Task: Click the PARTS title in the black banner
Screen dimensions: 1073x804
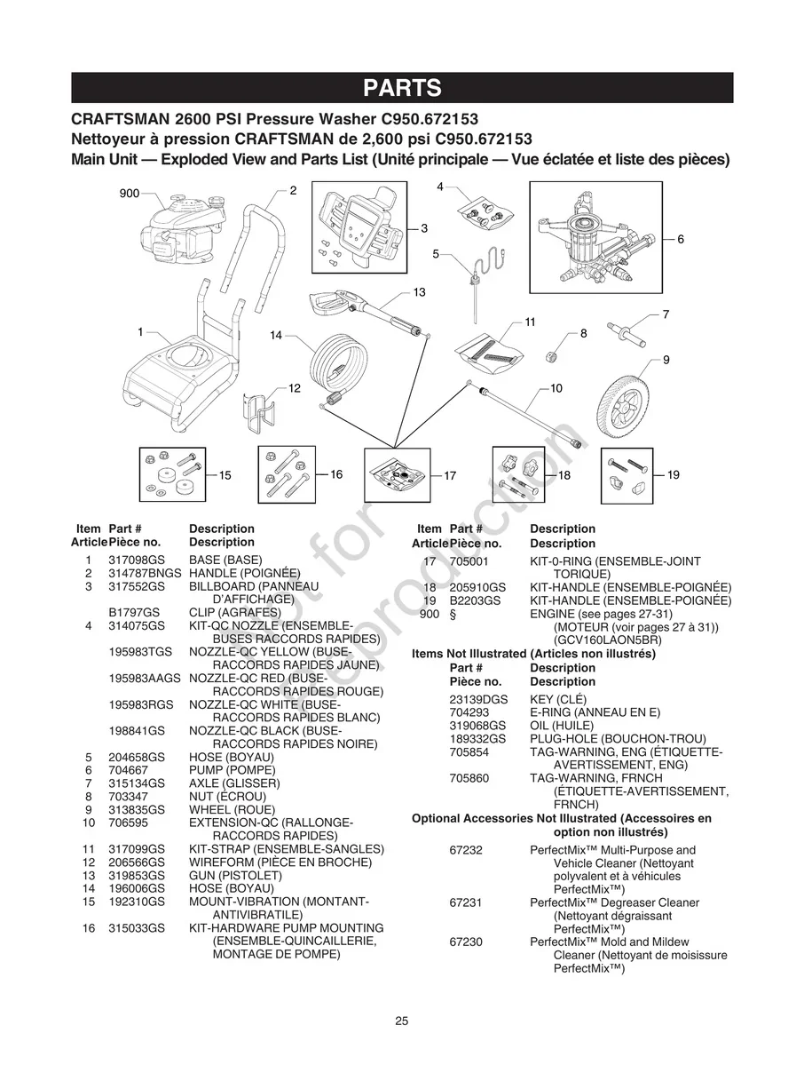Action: (402, 88)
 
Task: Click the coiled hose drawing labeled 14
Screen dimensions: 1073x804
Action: (340, 363)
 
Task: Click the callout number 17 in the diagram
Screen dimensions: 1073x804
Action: (450, 476)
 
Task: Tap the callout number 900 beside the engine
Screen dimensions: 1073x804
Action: (130, 194)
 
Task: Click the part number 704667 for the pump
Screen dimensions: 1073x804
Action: (125, 770)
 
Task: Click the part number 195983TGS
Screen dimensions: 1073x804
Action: (140, 652)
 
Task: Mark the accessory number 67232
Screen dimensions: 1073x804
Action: (466, 850)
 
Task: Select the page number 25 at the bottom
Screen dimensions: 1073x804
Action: (402, 1021)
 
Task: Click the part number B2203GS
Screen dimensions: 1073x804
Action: (475, 600)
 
